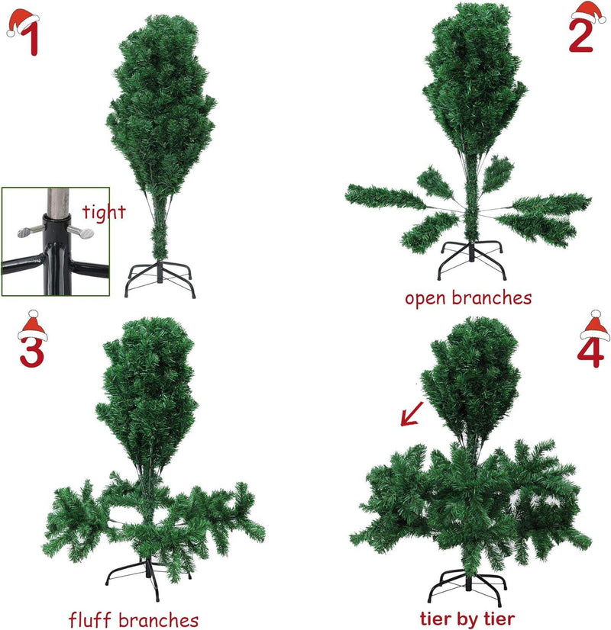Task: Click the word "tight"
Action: point(103,212)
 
